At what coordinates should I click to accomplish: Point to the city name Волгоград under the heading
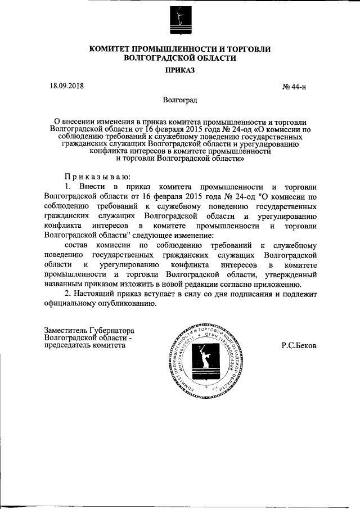coord(180,100)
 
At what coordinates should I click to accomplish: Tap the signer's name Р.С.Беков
coord(299,346)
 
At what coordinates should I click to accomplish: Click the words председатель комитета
coord(85,346)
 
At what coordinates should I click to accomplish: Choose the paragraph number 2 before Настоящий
coord(67,294)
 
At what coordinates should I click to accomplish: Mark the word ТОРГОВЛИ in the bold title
coord(245,49)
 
